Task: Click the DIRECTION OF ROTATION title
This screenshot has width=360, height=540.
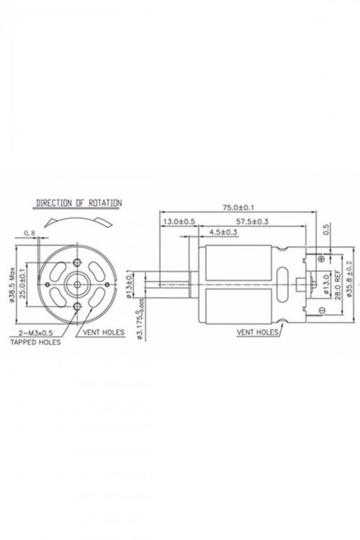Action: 79,202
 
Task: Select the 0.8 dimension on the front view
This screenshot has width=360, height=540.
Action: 29,233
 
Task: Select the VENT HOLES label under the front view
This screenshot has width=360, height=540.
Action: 100,333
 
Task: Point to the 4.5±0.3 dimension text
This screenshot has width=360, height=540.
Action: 223,232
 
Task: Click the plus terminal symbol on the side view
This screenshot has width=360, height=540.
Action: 321,259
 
